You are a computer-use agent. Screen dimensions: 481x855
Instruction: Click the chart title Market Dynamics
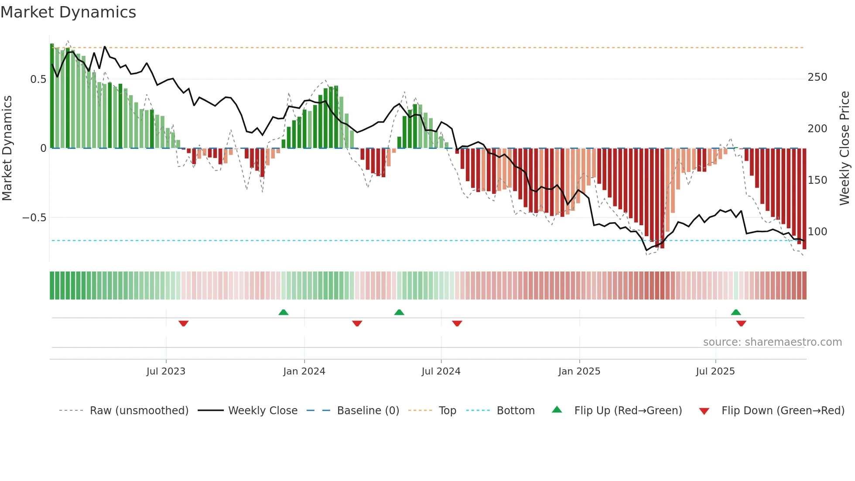68,12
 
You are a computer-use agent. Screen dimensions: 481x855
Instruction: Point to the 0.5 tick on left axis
38,79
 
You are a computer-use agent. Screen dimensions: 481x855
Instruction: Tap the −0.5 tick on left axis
34,217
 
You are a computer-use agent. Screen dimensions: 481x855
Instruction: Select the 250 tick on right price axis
817,77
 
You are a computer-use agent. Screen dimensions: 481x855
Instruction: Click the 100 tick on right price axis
817,232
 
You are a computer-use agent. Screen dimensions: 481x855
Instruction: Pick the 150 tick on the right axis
817,180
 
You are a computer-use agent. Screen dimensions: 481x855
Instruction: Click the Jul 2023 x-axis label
166,371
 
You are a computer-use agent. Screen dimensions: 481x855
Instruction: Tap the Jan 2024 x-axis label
304,371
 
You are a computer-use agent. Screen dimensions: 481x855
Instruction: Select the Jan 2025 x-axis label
579,371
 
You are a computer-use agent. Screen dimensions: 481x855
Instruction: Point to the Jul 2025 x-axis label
715,371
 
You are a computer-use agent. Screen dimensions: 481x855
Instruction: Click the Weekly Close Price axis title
845,148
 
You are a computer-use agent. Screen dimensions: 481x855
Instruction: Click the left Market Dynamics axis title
7,148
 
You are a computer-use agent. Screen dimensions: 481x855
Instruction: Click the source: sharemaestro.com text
772,342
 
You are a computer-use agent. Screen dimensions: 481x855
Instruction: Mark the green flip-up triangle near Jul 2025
735,312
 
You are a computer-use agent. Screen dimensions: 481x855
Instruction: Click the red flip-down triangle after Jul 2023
183,323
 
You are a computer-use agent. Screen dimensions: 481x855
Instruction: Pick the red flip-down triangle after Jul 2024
457,323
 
